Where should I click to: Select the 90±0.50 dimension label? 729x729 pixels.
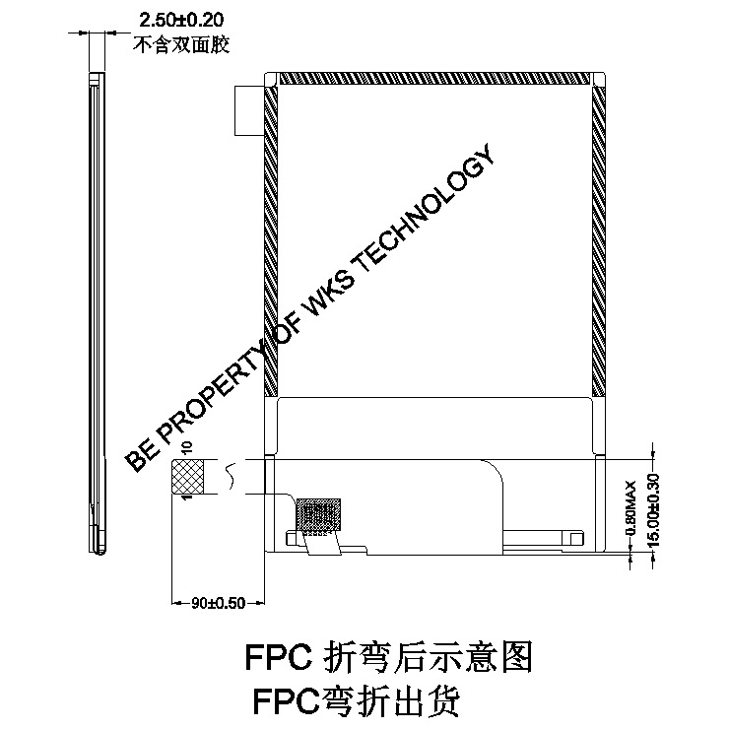tap(218, 604)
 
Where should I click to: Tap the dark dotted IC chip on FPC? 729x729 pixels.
tap(318, 514)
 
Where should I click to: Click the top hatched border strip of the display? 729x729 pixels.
tap(432, 78)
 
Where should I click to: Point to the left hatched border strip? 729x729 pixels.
tap(272, 236)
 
